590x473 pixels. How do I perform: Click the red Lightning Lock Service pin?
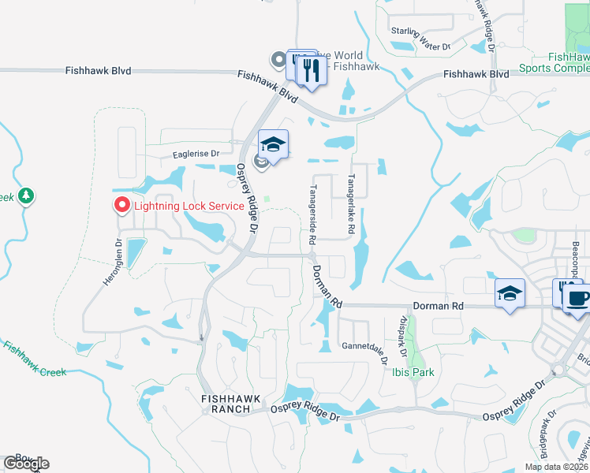pos(122,206)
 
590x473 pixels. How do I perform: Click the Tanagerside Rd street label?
pos(313,214)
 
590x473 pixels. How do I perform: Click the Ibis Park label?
pos(413,372)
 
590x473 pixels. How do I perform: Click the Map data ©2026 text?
pos(557,467)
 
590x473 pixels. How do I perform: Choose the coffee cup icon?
pos(578,297)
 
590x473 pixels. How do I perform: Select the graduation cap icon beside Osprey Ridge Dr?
pos(273,144)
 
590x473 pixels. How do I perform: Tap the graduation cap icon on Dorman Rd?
pos(510,293)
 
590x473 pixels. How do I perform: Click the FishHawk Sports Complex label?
pos(555,63)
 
